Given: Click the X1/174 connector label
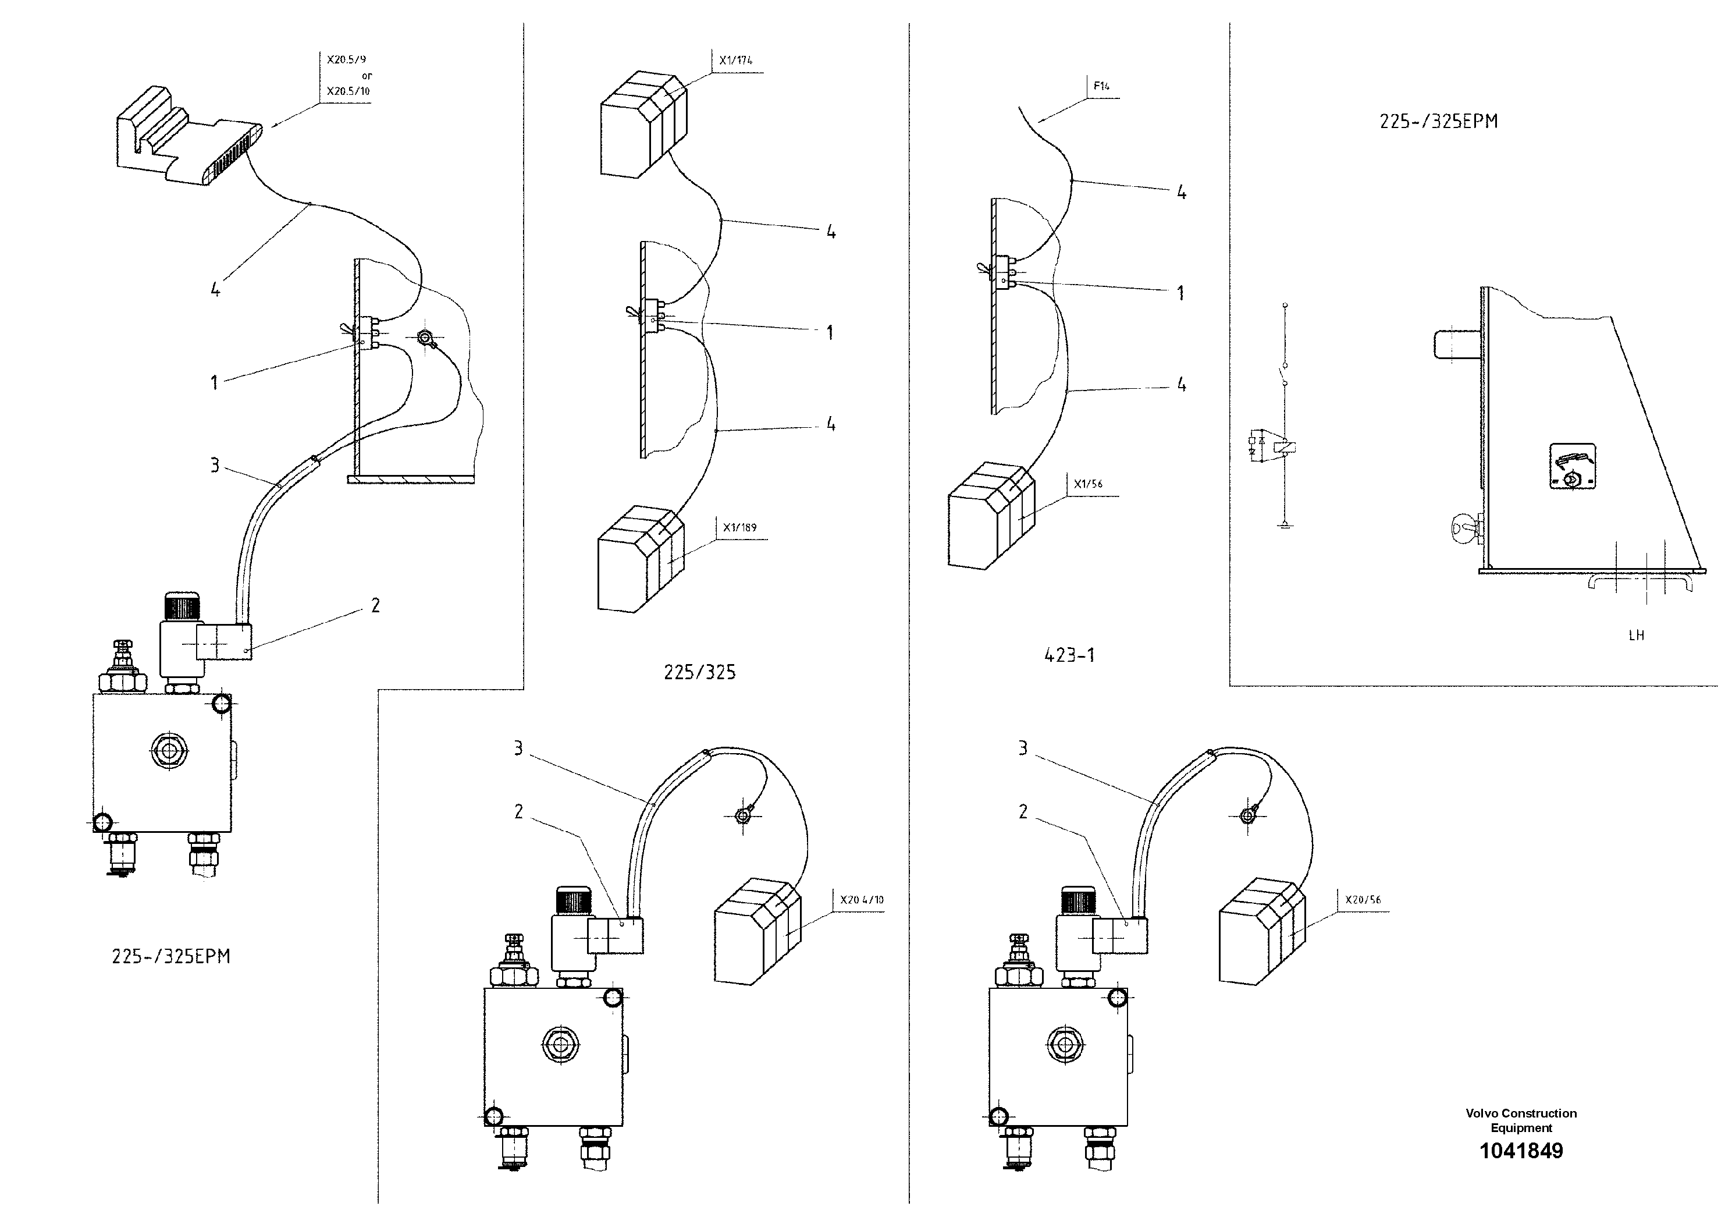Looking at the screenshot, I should [x=735, y=61].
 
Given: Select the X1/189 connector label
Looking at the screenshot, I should [x=739, y=527].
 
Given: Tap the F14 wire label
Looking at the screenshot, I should [x=1101, y=87].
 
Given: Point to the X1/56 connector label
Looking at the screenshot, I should [x=1088, y=484].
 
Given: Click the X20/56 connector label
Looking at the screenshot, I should [x=1363, y=899].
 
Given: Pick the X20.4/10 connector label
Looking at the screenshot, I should [x=862, y=899].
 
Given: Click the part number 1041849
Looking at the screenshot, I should [x=1521, y=1151].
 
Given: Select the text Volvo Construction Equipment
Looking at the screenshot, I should [x=1521, y=1120].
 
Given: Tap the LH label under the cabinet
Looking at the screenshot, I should [x=1635, y=636].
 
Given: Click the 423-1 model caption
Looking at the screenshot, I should [x=1069, y=655].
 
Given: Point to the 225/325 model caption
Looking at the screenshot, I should [x=699, y=672].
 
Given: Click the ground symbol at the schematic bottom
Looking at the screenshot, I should [x=1285, y=525].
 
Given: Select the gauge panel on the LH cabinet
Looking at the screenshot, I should [x=1572, y=466].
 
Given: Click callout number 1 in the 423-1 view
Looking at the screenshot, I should [x=1180, y=293].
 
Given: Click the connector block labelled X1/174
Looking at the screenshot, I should [x=643, y=125].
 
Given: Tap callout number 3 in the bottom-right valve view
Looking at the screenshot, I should [x=1023, y=748].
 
